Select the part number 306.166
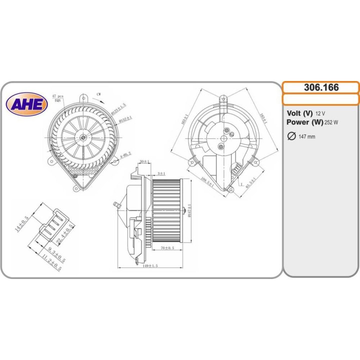(x=321, y=87)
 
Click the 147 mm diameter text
(x=306, y=137)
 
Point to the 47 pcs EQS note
(x=57, y=97)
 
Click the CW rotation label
(x=99, y=94)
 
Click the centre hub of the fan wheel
(x=82, y=136)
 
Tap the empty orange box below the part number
(x=321, y=99)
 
